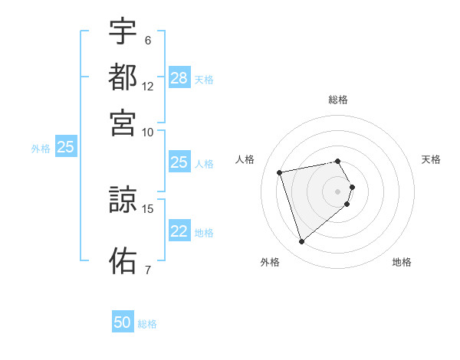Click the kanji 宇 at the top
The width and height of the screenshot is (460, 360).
coord(123,31)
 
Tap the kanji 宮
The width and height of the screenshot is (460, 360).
coord(123,123)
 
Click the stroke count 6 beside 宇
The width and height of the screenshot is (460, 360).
coord(147,40)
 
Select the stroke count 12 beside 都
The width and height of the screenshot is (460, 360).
coord(147,86)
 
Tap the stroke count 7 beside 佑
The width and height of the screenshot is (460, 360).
coord(147,270)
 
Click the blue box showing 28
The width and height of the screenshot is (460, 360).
coord(179,78)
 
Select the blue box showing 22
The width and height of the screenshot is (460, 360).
coord(179,232)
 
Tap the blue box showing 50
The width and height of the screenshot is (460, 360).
coord(123,322)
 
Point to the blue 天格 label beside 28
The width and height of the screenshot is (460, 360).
coord(204,79)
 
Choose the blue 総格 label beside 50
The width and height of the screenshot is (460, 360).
coord(147,323)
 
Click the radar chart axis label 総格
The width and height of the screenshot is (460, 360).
coord(337,100)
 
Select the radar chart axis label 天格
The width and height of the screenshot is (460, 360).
coord(431,159)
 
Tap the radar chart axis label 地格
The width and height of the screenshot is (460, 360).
coord(402,262)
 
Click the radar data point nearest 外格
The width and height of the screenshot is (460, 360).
coord(301,242)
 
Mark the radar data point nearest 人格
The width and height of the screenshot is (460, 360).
coord(280,172)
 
